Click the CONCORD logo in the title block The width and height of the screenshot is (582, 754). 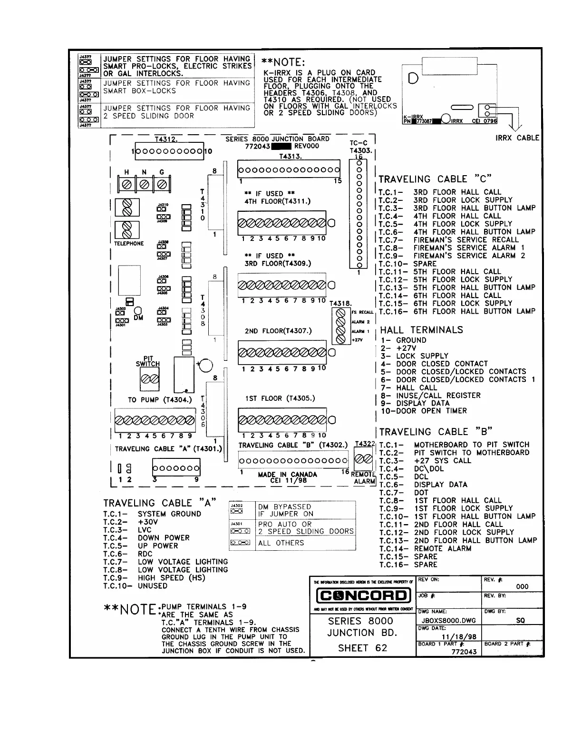(x=363, y=595)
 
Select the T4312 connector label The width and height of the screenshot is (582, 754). (x=166, y=139)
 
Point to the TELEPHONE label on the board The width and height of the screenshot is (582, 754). (x=128, y=244)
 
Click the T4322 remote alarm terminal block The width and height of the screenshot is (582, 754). (x=364, y=459)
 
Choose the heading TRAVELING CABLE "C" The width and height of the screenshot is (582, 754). (x=435, y=179)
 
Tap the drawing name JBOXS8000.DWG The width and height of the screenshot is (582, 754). (x=449, y=621)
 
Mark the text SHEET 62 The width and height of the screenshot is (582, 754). (x=362, y=648)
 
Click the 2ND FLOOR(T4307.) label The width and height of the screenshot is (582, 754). (x=278, y=331)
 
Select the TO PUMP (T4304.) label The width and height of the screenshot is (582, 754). (x=160, y=400)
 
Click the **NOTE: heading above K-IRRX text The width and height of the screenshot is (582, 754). (x=283, y=62)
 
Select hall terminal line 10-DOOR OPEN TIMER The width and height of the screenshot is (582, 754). (x=424, y=411)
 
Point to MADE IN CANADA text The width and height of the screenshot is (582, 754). (x=287, y=475)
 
